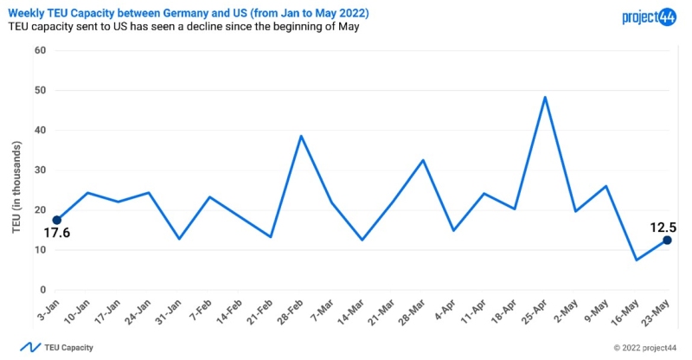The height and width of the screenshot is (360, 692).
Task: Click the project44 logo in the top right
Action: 648,16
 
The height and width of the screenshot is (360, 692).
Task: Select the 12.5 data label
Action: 664,228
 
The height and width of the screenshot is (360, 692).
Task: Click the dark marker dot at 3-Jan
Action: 57,220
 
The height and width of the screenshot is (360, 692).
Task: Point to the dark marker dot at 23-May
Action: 667,241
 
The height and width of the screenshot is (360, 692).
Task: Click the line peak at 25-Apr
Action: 545,97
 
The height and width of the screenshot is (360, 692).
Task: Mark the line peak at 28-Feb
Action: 300,136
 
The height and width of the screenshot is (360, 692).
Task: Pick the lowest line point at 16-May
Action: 637,260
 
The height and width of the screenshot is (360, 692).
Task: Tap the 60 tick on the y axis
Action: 40,50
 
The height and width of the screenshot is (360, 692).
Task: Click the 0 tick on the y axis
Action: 42,290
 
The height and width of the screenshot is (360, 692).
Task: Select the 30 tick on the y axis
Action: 40,170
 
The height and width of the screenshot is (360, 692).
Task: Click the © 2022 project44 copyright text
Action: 644,348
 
